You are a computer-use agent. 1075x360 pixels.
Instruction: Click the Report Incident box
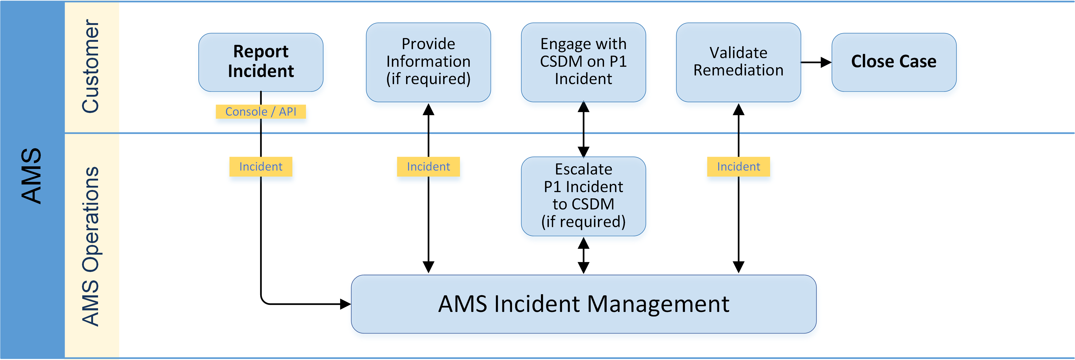261,62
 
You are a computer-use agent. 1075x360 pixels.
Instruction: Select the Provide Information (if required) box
428,62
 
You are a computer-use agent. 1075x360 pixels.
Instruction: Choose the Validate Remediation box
738,62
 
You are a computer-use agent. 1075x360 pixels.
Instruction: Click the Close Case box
893,62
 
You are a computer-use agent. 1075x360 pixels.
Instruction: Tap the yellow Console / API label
261,112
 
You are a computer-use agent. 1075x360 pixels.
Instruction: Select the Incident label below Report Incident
261,166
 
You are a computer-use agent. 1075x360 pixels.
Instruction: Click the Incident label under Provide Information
428,166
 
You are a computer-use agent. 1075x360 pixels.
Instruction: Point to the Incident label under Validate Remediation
738,166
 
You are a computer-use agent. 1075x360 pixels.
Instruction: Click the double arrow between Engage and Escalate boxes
583,129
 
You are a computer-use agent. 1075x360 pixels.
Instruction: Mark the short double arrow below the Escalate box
583,255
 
